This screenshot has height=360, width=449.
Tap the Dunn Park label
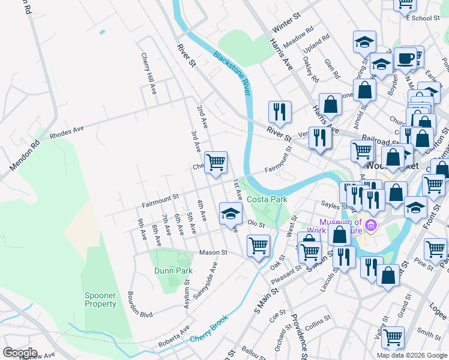[x=173, y=271]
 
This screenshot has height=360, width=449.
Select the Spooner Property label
[x=100, y=299]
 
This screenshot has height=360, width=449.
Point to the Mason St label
[x=213, y=253]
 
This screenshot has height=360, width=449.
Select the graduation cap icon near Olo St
[x=231, y=213]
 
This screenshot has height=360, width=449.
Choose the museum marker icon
[x=370, y=226]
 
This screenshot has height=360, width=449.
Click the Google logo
[x=19, y=353]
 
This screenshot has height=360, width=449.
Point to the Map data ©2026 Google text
[x=411, y=355]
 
